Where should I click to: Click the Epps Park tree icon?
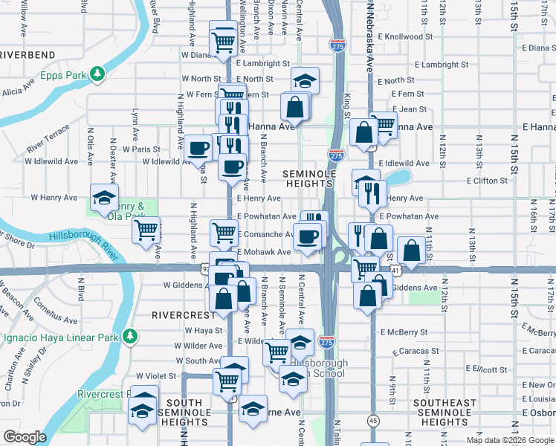coord(97,74)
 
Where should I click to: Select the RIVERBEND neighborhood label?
coord(28,55)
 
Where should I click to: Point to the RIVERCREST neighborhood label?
coord(177,314)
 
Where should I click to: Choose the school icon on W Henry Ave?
coord(104,198)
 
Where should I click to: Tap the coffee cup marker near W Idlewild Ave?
coord(198,148)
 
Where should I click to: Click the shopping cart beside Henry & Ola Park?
coord(146,230)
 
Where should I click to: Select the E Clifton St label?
coord(487,180)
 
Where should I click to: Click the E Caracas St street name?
coord(401,350)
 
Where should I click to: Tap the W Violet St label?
coord(155,376)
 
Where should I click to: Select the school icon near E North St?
coord(303,80)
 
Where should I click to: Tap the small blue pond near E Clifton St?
coord(399,177)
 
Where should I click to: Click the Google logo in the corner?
coord(24,437)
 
